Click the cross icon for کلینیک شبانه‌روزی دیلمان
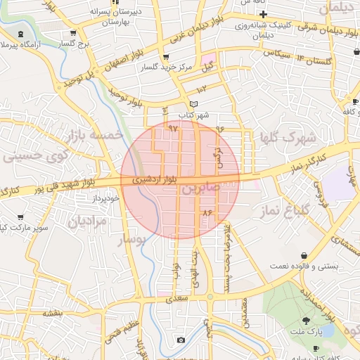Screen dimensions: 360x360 (263, 14)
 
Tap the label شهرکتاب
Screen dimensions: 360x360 (193, 115)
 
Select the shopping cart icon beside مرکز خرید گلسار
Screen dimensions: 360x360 (166, 57)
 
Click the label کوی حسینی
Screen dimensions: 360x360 (32, 155)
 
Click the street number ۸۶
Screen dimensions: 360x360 (207, 212)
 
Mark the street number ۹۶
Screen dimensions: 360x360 (219, 129)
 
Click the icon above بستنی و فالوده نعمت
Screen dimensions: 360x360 (304, 255)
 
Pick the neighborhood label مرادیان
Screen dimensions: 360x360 (87, 221)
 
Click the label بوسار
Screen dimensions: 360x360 (134, 240)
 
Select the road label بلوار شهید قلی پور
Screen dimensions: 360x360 (63, 186)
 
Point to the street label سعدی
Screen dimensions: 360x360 (178, 298)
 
